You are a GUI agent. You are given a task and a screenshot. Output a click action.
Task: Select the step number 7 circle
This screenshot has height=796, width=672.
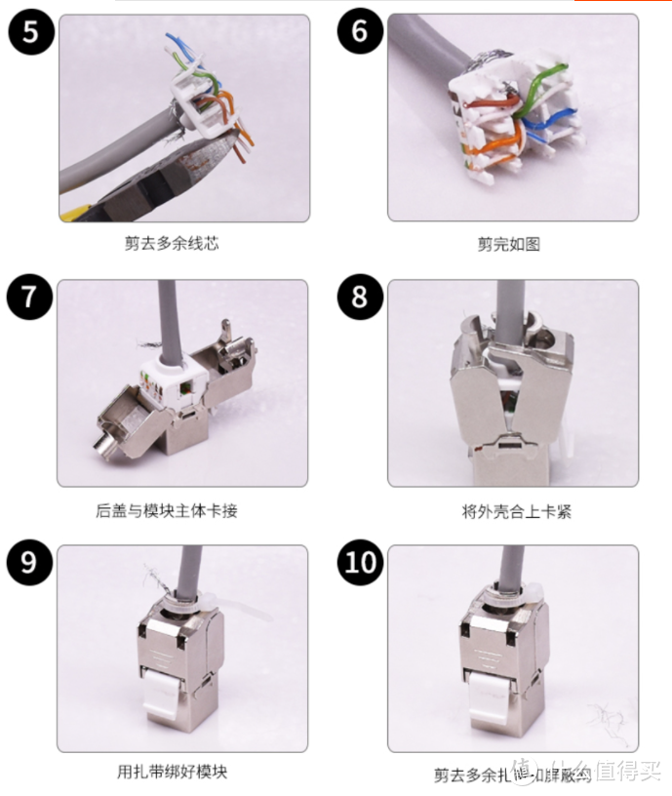click(30, 297)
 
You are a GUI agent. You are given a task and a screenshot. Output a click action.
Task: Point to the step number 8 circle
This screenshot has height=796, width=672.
click(360, 297)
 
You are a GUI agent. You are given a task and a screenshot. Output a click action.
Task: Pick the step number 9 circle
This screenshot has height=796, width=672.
click(30, 564)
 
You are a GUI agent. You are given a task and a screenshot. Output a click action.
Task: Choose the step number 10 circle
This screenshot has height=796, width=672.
click(360, 564)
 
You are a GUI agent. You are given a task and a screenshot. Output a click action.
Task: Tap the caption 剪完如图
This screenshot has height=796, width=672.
click(508, 245)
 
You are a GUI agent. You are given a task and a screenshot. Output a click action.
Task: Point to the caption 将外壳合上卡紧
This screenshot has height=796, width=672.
click(509, 510)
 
